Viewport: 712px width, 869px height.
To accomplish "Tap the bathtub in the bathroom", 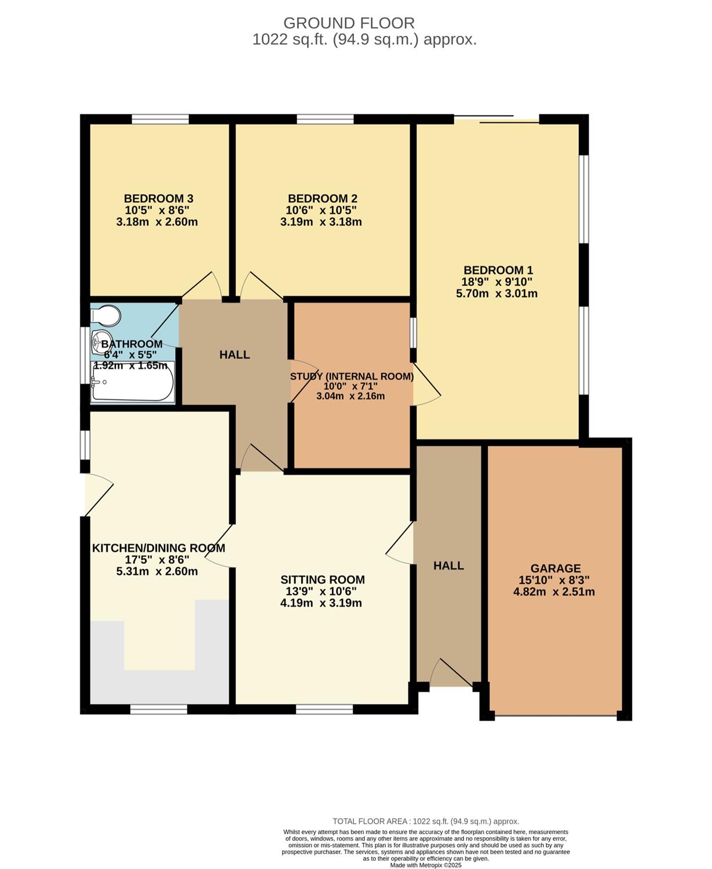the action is (133, 382).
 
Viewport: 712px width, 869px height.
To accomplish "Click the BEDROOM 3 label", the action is (159, 199).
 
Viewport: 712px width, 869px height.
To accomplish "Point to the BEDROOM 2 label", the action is (322, 199).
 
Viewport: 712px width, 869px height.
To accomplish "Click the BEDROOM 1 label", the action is (498, 271).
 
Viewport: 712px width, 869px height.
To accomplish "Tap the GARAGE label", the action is (556, 568).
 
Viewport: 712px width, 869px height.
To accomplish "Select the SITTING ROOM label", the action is (323, 580).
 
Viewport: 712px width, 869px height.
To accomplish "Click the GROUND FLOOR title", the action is (349, 23).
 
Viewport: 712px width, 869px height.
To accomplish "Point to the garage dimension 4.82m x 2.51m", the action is (554, 592).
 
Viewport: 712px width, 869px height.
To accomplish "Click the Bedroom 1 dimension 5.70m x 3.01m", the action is (496, 294).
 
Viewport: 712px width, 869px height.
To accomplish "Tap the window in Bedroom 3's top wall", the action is (160, 119).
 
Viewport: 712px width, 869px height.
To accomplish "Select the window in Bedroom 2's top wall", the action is (325, 119).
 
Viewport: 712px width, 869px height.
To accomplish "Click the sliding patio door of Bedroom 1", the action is (496, 119).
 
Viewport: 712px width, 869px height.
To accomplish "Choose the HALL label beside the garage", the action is (448, 566).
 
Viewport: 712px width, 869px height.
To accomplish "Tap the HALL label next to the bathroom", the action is (235, 355).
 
